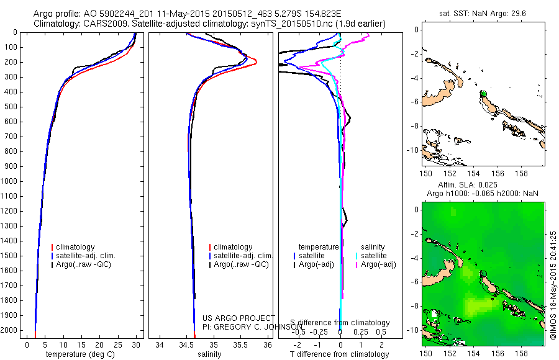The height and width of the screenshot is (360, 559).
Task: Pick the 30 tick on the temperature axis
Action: tap(135, 345)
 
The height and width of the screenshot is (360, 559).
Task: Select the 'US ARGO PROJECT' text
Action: tap(239, 318)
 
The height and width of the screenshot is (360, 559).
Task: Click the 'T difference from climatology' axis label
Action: tap(339, 354)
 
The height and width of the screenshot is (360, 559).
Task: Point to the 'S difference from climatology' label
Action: tap(340, 323)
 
